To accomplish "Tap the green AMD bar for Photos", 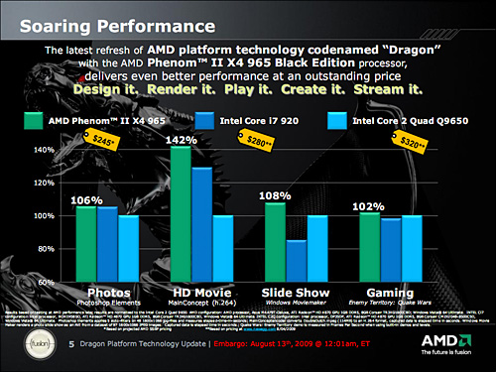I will pyautogui.click(x=86, y=243).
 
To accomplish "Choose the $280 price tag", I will pyautogui.click(x=285, y=143).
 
